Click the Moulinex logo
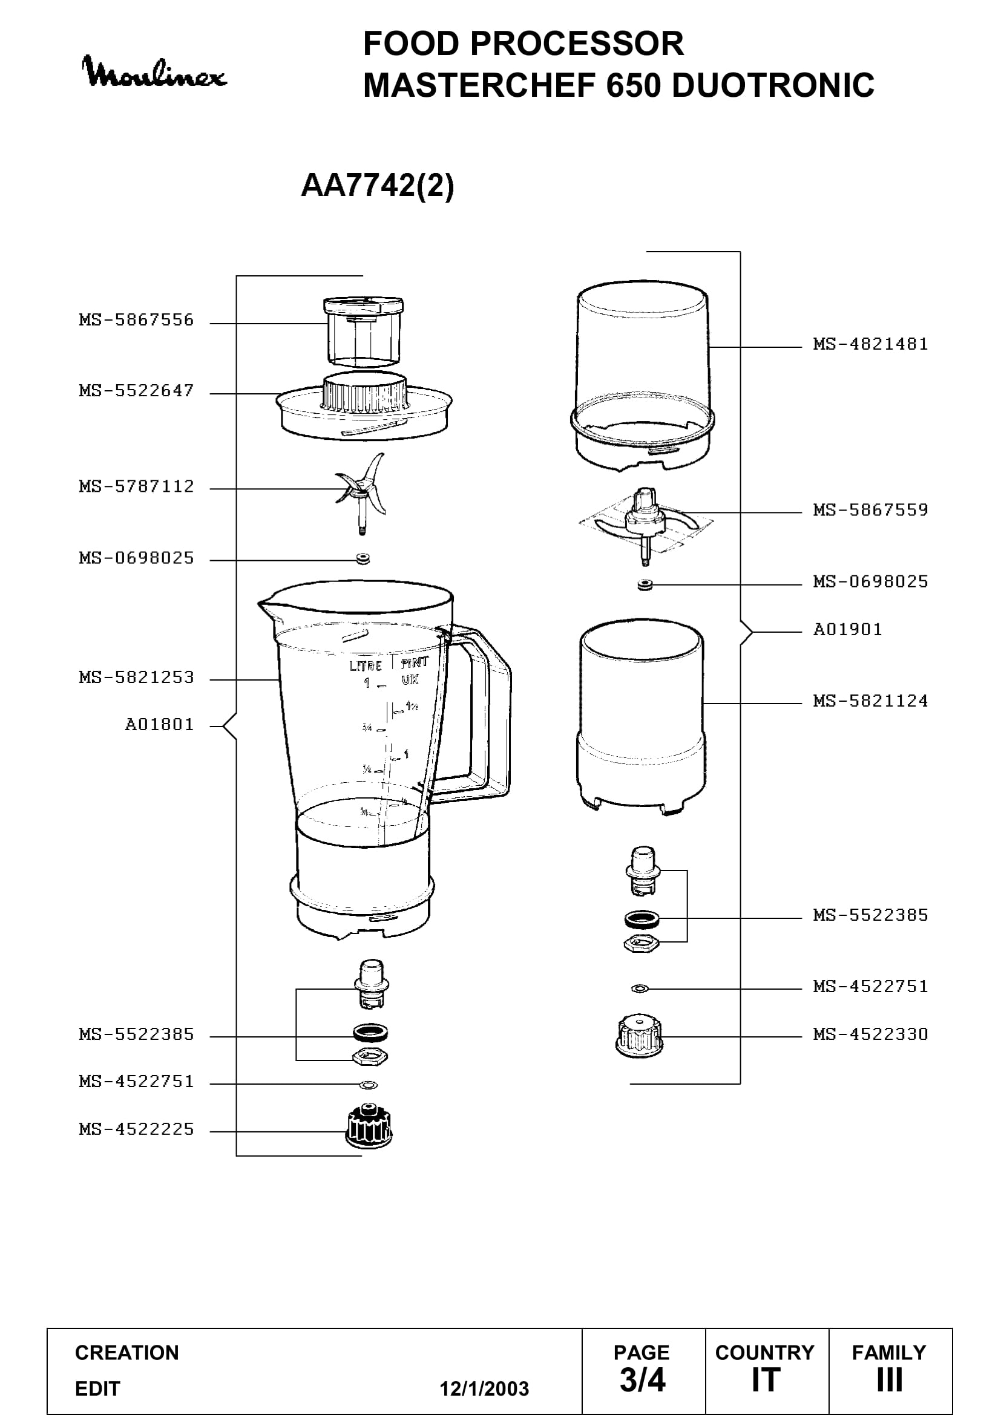[x=154, y=73]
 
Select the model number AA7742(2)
[x=377, y=185]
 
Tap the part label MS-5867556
[x=136, y=320]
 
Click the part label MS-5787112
[x=136, y=486]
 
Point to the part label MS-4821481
[x=870, y=344]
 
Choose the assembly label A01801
[x=160, y=724]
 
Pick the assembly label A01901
[x=847, y=629]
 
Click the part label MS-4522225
[x=136, y=1129]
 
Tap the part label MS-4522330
[x=870, y=1033]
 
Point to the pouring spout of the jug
[x=266, y=606]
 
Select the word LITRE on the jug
[x=366, y=665]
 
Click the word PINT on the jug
[x=415, y=663]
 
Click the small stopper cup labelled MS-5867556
[x=363, y=332]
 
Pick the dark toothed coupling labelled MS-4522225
[x=369, y=1126]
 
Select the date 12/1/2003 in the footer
[x=484, y=1388]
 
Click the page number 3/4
[x=642, y=1380]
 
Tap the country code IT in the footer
[x=766, y=1380]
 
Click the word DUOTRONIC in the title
[x=773, y=85]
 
